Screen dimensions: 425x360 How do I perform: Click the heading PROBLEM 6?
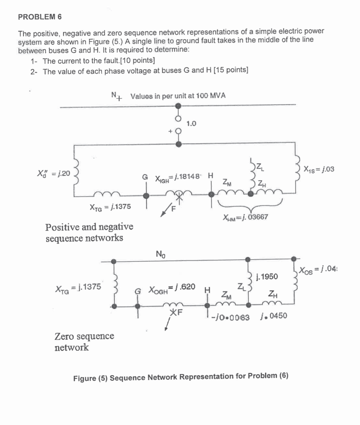coord(40,17)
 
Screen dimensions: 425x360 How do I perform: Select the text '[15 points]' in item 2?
coord(231,70)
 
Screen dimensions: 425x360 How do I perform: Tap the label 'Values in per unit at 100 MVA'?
coord(178,96)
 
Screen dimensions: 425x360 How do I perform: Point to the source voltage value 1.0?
coord(191,124)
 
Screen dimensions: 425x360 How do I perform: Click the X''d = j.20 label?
coord(54,173)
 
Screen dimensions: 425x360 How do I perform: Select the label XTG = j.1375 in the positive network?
coord(110,207)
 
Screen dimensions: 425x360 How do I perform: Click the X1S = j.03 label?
coord(319,169)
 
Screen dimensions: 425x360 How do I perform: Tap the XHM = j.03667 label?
coord(245,217)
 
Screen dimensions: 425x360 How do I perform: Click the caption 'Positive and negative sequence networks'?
coord(89,232)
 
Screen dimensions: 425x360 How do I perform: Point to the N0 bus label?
coord(160,254)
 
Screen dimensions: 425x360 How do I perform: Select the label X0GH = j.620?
coord(172,288)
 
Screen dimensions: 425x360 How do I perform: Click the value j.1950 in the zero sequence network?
coord(267,277)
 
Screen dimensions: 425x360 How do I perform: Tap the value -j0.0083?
coord(230,317)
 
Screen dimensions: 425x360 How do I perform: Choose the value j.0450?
coord(274,316)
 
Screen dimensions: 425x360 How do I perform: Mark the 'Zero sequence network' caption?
coord(84,341)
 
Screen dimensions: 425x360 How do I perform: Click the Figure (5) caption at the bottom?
coord(181,377)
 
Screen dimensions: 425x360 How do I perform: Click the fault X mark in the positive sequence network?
coord(179,197)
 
